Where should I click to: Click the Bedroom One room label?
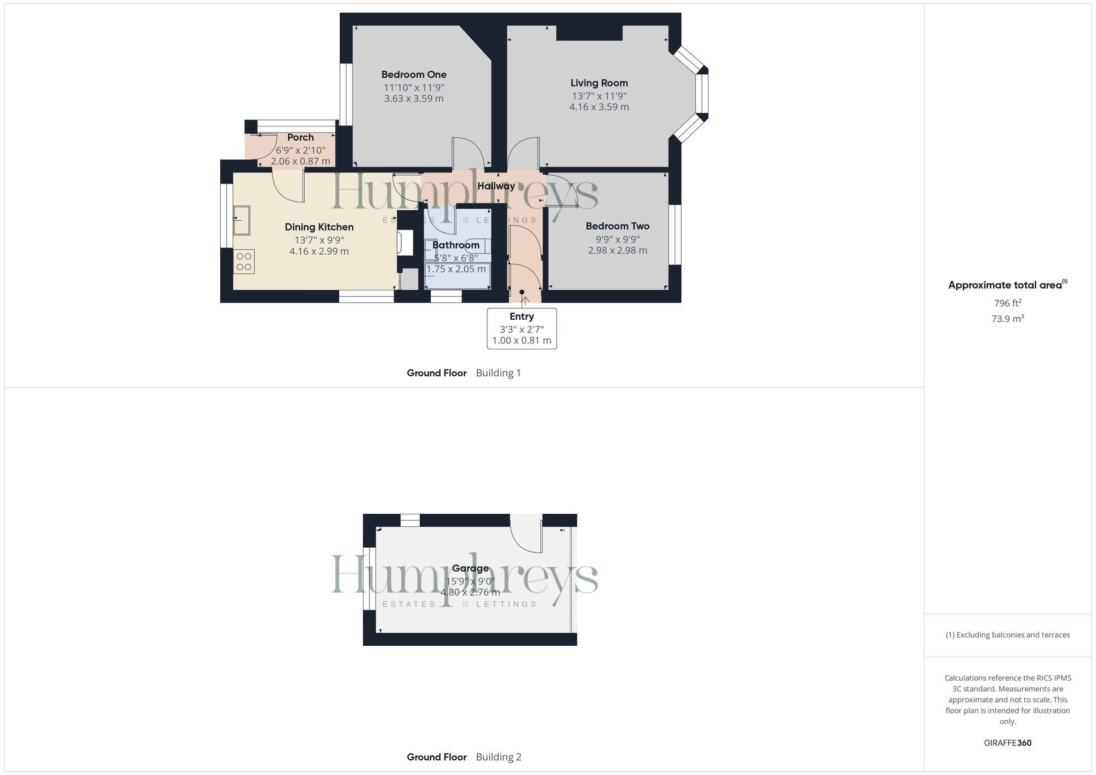click(414, 74)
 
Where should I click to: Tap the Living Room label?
click(599, 83)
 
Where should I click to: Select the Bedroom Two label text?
click(617, 226)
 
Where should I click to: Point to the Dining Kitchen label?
click(319, 227)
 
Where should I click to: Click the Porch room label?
click(300, 137)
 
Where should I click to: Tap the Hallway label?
click(496, 186)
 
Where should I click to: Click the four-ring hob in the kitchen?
click(244, 261)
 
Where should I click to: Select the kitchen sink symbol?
click(241, 220)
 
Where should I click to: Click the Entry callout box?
click(522, 328)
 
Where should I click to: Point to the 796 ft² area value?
click(1007, 303)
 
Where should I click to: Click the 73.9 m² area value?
click(1007, 318)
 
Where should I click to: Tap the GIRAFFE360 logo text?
click(1007, 743)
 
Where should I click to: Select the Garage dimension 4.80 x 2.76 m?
click(470, 592)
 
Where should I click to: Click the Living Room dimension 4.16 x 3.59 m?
click(599, 107)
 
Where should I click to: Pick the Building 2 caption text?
click(498, 756)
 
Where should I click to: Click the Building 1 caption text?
click(498, 372)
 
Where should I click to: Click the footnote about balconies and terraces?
click(1007, 635)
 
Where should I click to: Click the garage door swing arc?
click(526, 536)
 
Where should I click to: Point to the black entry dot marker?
click(522, 292)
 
